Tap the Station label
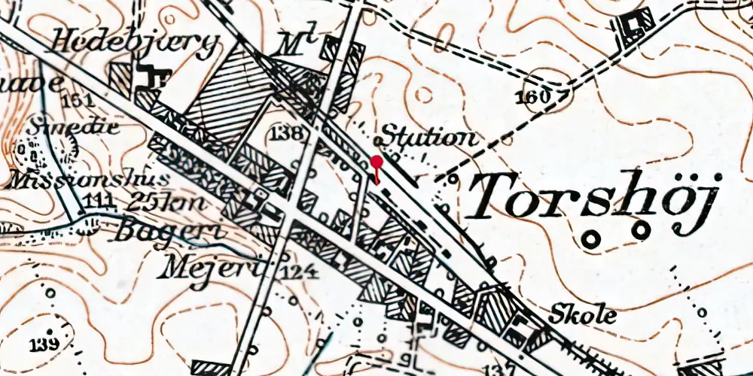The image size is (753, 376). pos(428,138)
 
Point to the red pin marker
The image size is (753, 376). pos(376,162)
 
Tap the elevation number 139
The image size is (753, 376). pos(46,345)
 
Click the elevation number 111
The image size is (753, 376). pos(100,200)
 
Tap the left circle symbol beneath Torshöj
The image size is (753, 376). pos(592,239)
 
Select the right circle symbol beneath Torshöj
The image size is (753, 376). pos(641,229)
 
